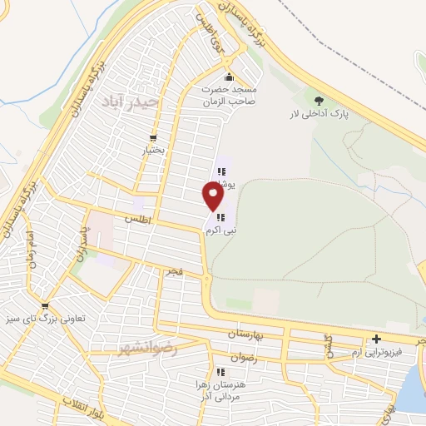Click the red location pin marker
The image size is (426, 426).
click(x=213, y=196)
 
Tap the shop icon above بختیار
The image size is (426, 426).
click(x=153, y=138)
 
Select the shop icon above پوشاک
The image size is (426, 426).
click(x=222, y=172)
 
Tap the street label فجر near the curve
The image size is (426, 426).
click(x=173, y=272)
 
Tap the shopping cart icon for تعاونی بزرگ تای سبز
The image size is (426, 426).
click(x=45, y=305)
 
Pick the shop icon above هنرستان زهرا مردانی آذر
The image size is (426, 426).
click(x=220, y=372)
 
